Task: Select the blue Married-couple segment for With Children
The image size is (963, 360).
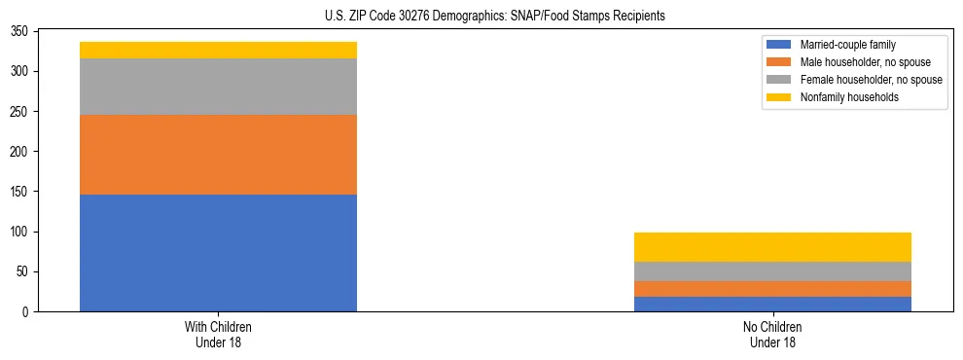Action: [218, 253]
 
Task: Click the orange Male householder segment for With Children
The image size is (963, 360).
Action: [218, 155]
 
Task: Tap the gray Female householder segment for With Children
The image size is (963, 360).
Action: [218, 87]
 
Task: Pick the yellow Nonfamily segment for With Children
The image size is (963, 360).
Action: [218, 50]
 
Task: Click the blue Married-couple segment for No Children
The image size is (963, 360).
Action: [772, 304]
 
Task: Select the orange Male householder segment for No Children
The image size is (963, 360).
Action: [772, 289]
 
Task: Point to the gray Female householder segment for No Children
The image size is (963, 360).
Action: [772, 271]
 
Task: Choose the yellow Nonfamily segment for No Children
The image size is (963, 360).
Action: [772, 247]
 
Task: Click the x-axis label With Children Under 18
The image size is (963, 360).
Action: [218, 334]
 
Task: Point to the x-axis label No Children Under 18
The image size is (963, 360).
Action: [772, 334]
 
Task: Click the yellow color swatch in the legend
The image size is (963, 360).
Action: [779, 97]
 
